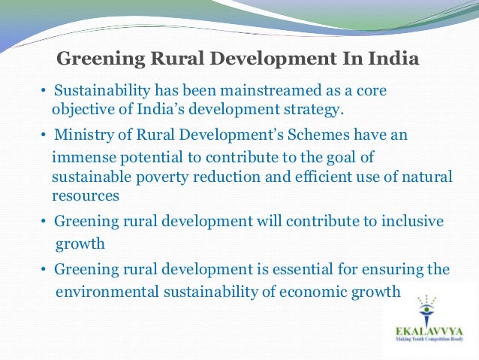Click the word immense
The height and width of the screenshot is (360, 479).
(x=82, y=157)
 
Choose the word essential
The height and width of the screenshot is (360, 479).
(x=286, y=270)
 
